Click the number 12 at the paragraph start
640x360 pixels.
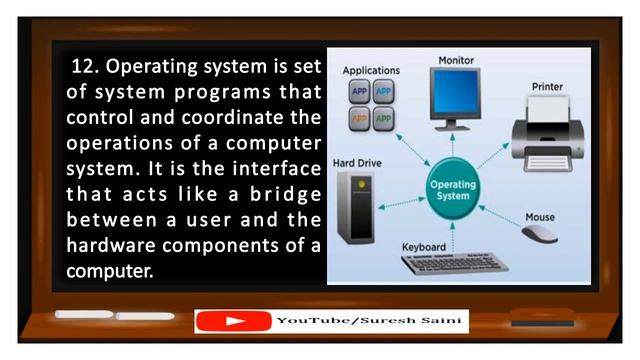85,68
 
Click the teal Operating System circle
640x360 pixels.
451,190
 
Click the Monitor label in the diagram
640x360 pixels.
456,62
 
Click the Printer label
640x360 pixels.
547,87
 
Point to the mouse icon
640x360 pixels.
541,234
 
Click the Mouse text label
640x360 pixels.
541,216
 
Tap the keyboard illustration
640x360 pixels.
456,264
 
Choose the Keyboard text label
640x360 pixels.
424,246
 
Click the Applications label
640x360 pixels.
371,71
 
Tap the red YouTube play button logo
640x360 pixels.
233,322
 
